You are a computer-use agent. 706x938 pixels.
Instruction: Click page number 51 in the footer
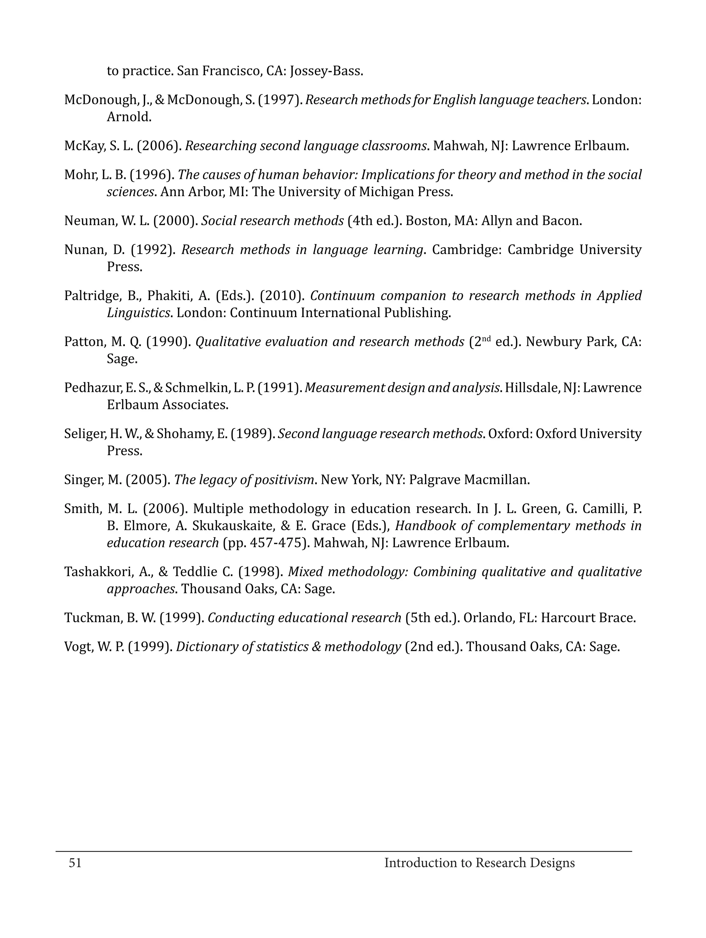click(75, 863)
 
